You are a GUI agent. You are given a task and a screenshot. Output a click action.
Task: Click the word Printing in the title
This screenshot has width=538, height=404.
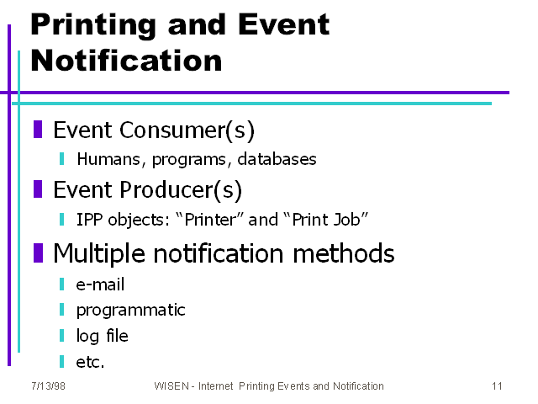93,25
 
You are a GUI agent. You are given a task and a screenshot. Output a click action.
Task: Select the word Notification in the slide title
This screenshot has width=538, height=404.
126,61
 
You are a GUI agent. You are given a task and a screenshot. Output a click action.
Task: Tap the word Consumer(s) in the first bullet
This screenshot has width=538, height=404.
187,130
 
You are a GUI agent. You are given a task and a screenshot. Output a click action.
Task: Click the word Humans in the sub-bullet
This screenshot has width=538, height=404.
108,159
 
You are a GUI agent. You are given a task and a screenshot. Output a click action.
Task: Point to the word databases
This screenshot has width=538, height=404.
277,159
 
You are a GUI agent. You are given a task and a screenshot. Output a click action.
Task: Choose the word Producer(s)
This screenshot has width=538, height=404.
181,190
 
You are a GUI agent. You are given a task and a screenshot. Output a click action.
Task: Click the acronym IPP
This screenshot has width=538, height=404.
89,220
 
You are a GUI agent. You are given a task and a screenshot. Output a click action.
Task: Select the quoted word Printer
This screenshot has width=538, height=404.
210,220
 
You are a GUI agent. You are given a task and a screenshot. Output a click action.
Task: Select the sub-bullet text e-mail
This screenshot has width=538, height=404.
100,284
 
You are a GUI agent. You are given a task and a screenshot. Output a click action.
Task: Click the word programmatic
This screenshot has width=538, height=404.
131,311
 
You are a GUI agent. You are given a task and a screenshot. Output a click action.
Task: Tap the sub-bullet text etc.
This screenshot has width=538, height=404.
90,362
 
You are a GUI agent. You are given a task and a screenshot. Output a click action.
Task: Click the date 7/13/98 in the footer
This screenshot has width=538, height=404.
48,386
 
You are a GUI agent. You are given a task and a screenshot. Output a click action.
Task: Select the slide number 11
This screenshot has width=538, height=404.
497,386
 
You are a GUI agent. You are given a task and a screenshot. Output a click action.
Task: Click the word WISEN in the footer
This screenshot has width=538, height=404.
171,386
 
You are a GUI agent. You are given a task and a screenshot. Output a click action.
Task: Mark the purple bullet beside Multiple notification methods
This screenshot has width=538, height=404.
38,252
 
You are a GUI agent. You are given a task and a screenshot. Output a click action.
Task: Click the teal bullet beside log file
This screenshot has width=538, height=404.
61,336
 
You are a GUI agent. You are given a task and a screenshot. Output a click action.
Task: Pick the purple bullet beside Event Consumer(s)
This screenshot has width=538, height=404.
38,129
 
